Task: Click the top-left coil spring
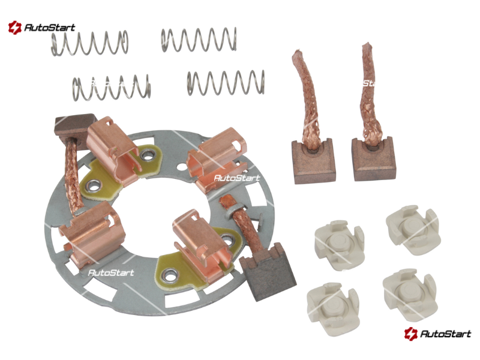click(89, 43)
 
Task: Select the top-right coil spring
click(199, 40)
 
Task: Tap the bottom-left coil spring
click(112, 88)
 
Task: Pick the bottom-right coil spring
click(226, 83)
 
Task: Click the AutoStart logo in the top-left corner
click(41, 28)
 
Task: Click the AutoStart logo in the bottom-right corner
click(437, 334)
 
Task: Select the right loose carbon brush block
click(373, 159)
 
